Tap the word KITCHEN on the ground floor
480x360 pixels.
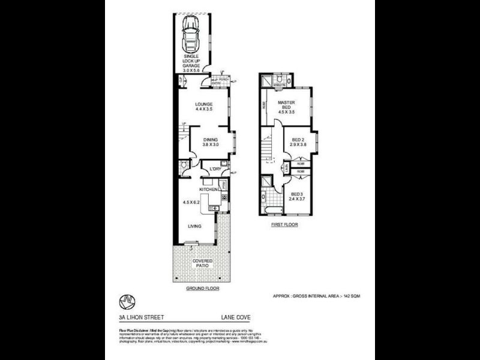pyautogui.click(x=208, y=190)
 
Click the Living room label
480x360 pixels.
pyautogui.click(x=193, y=226)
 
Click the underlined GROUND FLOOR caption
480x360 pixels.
pyautogui.click(x=202, y=289)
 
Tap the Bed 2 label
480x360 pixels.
pyautogui.click(x=298, y=142)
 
